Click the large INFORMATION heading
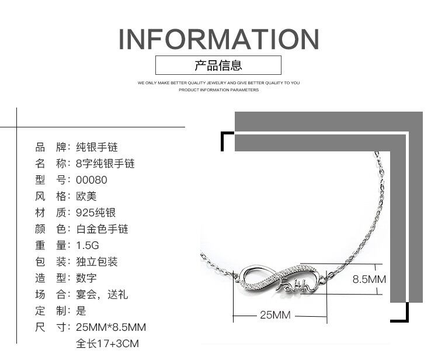click(x=218, y=39)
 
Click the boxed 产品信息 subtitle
click(x=218, y=65)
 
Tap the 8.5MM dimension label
click(x=369, y=279)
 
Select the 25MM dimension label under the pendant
click(x=274, y=316)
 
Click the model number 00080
click(x=92, y=180)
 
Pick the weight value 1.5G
click(x=88, y=245)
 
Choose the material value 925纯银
click(x=96, y=213)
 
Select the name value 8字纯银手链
click(x=105, y=164)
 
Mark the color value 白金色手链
click(x=102, y=229)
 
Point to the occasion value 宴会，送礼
click(x=102, y=295)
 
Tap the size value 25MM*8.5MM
click(x=111, y=327)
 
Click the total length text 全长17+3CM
click(x=107, y=344)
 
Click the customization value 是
click(x=81, y=311)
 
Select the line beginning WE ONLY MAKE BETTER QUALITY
click(x=218, y=83)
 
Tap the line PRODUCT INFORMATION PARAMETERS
click(x=218, y=90)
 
